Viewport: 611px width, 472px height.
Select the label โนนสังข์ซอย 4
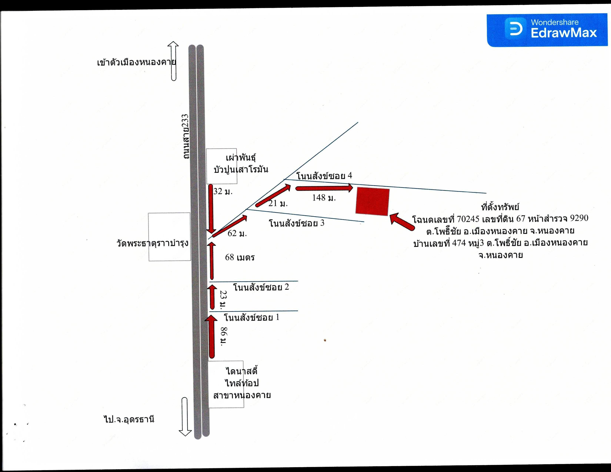point(324,176)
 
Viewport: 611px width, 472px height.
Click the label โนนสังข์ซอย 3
point(297,223)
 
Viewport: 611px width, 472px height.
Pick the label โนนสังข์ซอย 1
point(251,317)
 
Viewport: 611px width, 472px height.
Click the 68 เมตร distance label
point(240,257)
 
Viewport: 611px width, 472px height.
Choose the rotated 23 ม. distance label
point(223,300)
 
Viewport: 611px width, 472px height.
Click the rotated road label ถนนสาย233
point(186,136)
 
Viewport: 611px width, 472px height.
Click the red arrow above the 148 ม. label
point(324,188)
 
